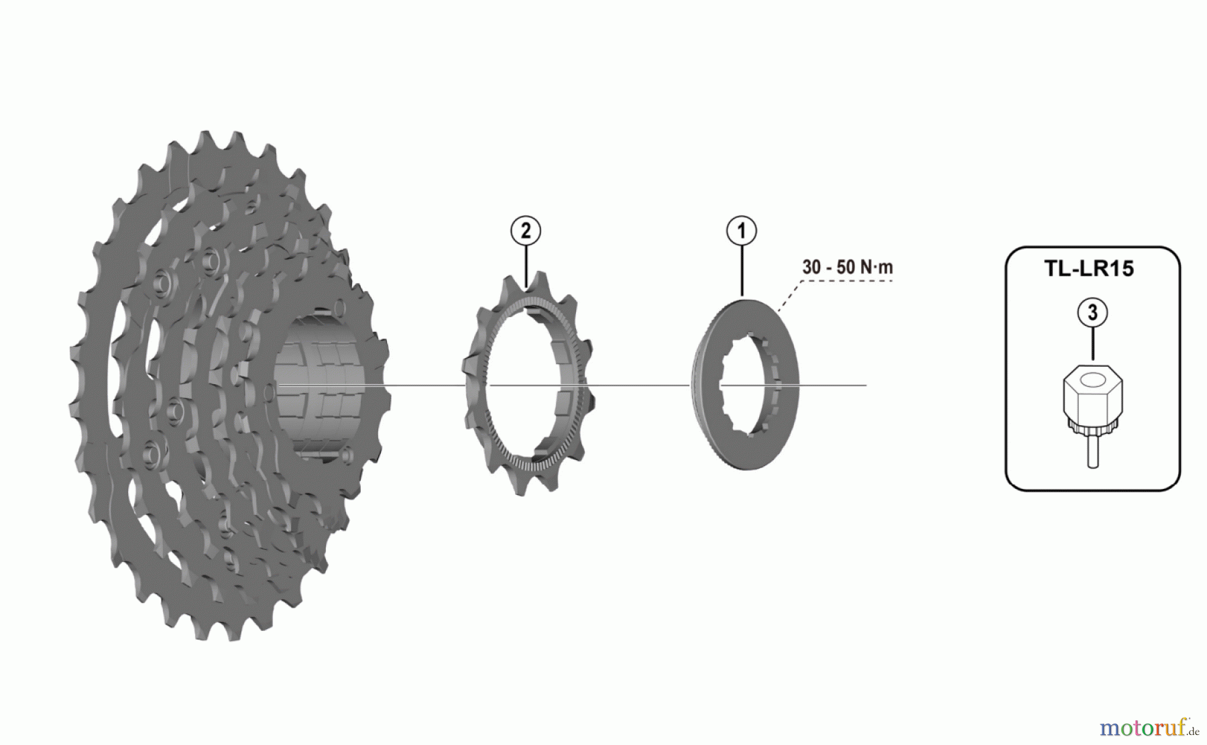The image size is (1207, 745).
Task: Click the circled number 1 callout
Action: [x=741, y=231]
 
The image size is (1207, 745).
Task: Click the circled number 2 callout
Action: [x=526, y=231]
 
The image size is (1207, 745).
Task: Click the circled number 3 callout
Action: [x=1092, y=312]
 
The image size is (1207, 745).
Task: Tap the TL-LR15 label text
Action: [x=1089, y=268]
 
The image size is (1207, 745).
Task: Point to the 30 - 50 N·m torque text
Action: [x=848, y=267]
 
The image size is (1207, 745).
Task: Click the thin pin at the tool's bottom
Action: [x=1093, y=453]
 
